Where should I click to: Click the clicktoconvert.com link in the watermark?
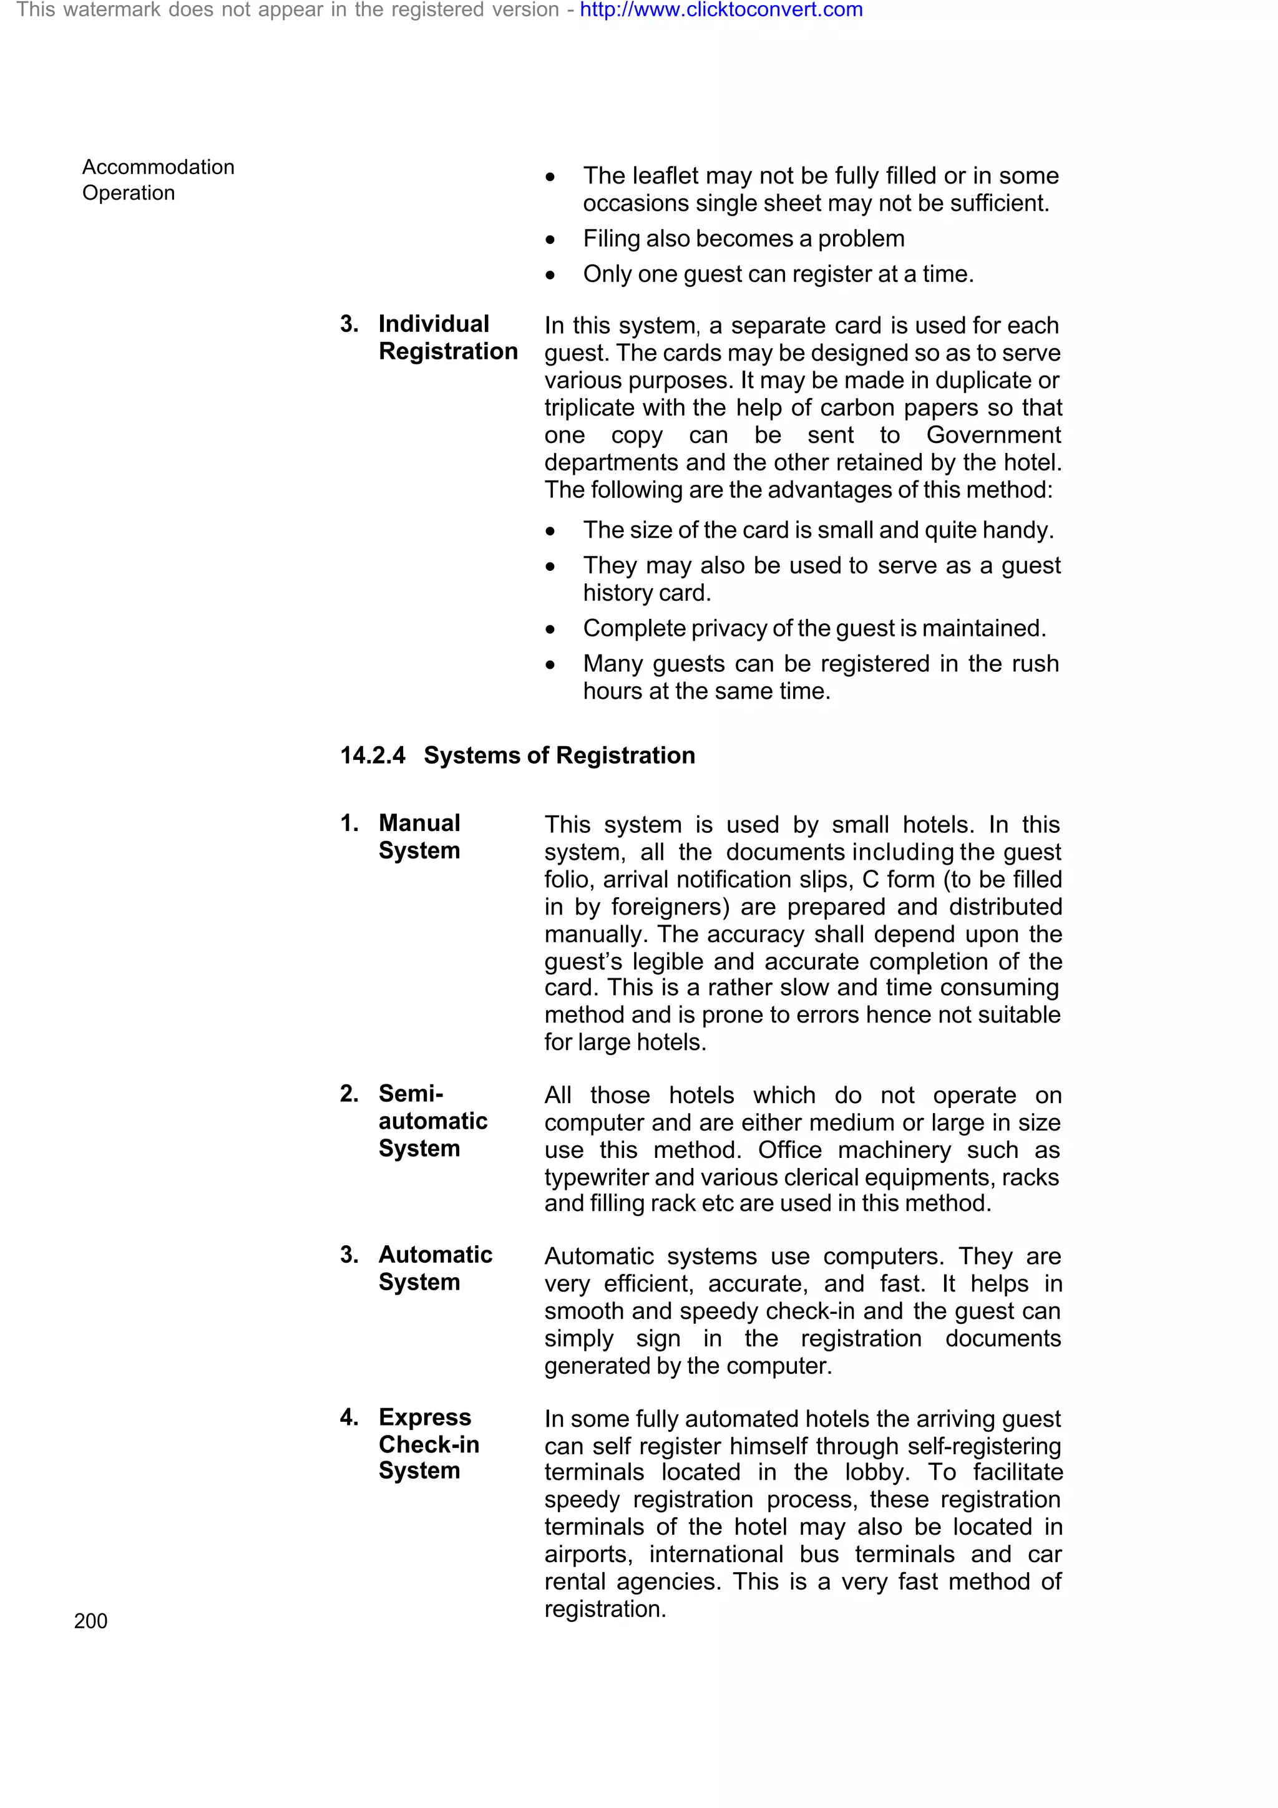(721, 10)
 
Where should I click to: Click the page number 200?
(90, 1621)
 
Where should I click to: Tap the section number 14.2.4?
(373, 755)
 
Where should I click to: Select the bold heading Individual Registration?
(447, 338)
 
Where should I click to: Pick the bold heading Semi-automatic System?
(432, 1120)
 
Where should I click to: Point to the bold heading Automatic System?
(435, 1268)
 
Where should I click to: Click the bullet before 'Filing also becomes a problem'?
(550, 240)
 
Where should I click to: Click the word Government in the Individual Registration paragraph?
(993, 435)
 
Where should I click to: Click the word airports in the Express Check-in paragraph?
(587, 1555)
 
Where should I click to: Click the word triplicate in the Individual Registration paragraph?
(590, 408)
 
